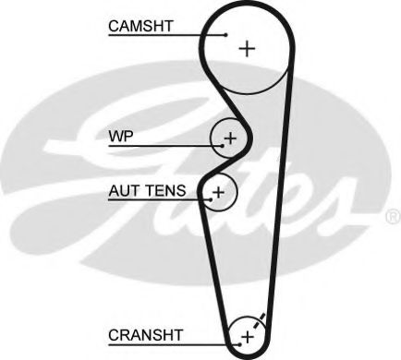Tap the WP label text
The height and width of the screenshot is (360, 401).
point(121,136)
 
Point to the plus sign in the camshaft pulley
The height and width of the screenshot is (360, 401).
point(246,48)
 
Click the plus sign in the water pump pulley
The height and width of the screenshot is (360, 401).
point(230,139)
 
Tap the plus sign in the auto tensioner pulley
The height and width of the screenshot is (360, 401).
point(218,192)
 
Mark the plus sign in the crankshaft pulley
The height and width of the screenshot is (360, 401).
point(247,335)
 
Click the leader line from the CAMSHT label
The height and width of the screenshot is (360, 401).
point(166,36)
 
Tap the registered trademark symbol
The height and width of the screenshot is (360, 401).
point(392,217)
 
